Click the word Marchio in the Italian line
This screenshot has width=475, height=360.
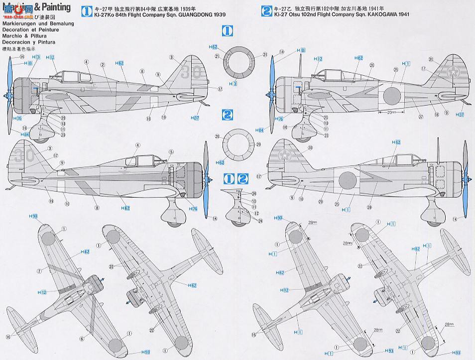[x=12, y=36]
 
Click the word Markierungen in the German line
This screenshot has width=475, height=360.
[x=19, y=24]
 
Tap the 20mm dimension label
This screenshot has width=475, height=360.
[x=391, y=113]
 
